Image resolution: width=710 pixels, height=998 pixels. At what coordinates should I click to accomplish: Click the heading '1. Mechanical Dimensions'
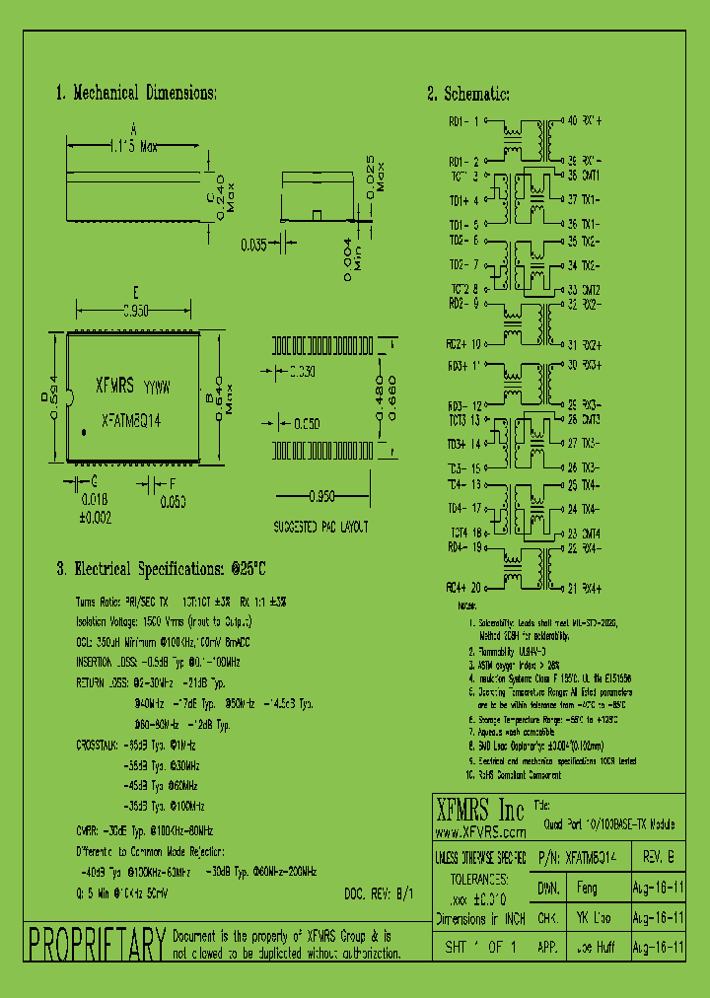click(x=136, y=94)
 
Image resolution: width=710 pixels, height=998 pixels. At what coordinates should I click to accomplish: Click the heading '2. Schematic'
click(x=467, y=94)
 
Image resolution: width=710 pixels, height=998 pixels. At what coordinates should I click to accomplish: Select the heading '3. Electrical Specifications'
click(x=160, y=569)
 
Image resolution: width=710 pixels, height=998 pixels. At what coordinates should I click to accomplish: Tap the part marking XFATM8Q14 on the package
click(x=131, y=418)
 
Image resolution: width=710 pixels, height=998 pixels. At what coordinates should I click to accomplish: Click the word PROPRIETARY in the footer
click(x=96, y=944)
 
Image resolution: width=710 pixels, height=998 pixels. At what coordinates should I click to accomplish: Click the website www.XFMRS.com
click(x=479, y=833)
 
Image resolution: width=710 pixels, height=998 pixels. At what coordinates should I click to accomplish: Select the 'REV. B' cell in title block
click(x=657, y=857)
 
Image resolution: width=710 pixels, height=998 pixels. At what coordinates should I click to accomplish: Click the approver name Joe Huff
click(x=596, y=947)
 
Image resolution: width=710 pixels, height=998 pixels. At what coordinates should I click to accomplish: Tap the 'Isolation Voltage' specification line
click(x=164, y=622)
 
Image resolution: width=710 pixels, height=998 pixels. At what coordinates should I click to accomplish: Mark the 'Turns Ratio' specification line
click(x=180, y=601)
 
